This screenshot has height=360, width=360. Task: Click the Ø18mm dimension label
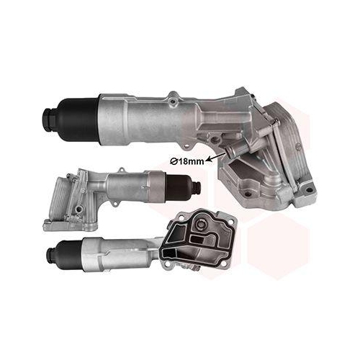[x=187, y=161]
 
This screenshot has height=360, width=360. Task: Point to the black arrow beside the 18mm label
[x=215, y=157]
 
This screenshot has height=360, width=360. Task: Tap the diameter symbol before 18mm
[x=173, y=162]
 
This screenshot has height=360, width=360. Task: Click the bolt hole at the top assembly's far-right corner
[x=307, y=189]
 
